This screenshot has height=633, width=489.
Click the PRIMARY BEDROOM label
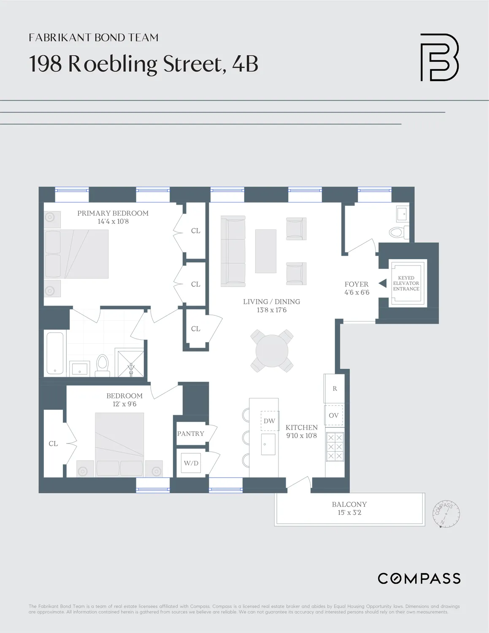point(113,213)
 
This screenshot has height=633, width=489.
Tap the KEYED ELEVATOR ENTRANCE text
point(406,283)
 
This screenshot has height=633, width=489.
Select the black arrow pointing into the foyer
point(383,283)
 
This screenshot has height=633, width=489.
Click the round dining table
point(272,351)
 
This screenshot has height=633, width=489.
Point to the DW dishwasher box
point(270,421)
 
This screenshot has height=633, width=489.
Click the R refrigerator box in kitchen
point(335,389)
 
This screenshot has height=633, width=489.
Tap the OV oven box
point(334,415)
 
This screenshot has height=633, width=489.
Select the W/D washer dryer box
point(191,463)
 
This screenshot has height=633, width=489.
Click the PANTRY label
point(191,433)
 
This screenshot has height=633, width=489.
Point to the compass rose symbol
point(446,514)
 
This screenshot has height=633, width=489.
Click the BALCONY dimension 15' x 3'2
point(349,513)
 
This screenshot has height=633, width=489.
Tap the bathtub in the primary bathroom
point(55,353)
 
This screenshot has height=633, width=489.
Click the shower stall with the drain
point(130,363)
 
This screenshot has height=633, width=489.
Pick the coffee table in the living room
point(266,251)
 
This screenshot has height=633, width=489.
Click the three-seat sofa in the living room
point(233,251)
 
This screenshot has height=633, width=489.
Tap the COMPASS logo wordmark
point(419,578)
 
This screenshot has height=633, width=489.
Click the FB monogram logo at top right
point(439,57)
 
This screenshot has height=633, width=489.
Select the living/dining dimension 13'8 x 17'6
point(272,310)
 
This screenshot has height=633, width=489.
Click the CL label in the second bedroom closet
point(53,444)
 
